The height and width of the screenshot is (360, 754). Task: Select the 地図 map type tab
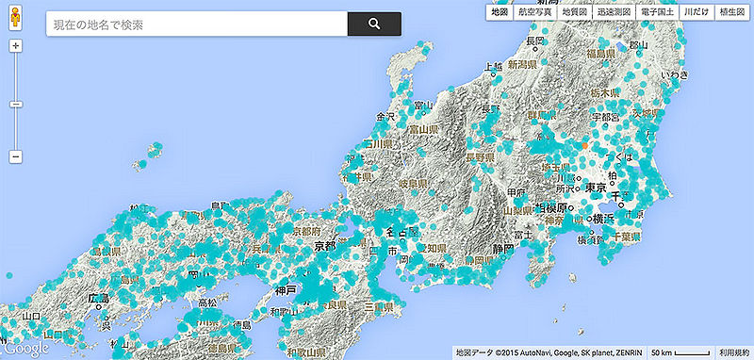(x=499, y=13)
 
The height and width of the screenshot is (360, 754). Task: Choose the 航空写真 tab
(x=534, y=13)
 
